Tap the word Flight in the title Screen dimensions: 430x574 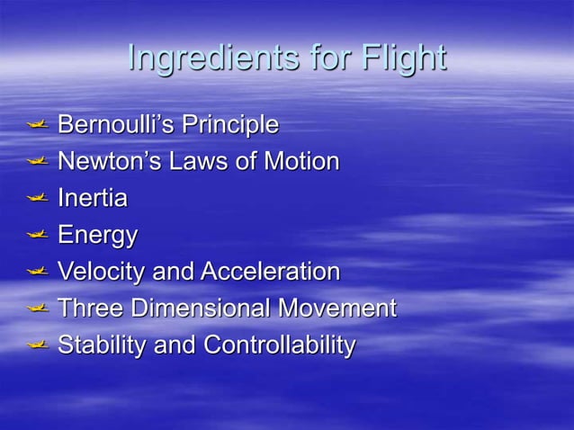403,58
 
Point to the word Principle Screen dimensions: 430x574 229,124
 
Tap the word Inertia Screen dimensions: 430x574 92,198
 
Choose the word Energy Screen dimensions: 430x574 97,236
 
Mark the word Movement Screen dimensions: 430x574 336,308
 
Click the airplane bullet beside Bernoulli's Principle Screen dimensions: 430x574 37,124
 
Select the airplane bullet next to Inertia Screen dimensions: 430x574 37,198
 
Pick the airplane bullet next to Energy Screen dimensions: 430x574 37,235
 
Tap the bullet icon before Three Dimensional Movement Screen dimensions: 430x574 37,308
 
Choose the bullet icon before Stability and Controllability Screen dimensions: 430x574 37,345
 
